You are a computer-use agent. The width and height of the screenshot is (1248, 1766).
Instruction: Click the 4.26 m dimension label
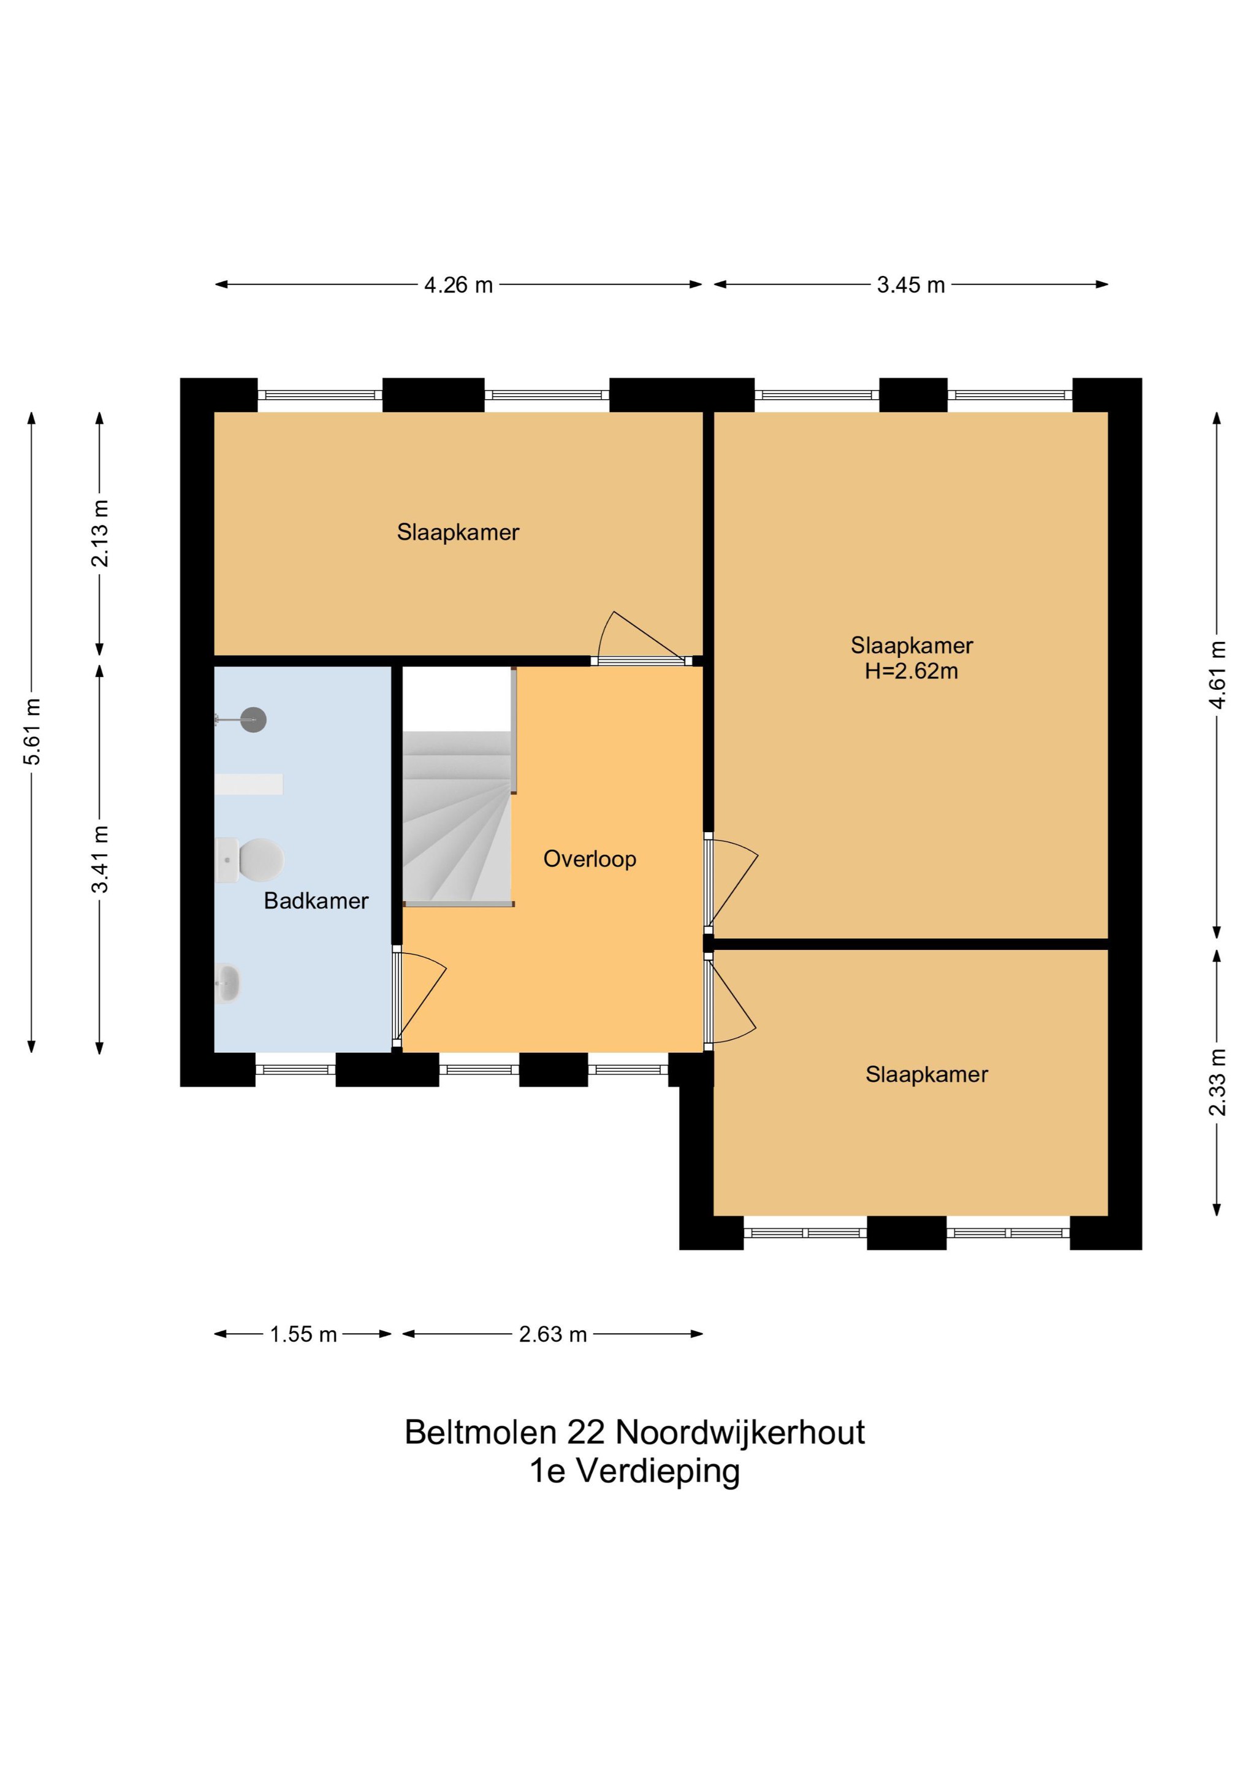pos(458,285)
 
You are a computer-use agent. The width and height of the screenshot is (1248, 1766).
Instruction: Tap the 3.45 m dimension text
pos(910,285)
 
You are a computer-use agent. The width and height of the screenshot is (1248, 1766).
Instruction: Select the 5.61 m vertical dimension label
pos(32,732)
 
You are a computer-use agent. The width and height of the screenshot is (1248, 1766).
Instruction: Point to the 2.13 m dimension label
pos(100,533)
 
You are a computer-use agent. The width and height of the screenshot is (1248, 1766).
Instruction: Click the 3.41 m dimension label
pos(100,858)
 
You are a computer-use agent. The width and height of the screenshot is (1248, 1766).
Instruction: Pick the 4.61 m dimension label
pos(1217,675)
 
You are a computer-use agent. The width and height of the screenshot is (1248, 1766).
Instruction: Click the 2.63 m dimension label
pos(552,1334)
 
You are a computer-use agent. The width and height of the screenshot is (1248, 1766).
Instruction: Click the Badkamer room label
pos(316,901)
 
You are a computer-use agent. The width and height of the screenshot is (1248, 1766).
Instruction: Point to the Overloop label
pos(590,858)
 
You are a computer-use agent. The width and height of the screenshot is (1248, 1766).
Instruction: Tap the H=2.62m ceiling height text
pos(911,671)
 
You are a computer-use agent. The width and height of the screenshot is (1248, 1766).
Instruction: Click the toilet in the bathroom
pos(250,859)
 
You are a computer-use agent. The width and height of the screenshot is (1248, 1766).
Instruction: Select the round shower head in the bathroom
pos(253,720)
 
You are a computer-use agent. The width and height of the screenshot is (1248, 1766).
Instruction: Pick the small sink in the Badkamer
pos(227,983)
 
